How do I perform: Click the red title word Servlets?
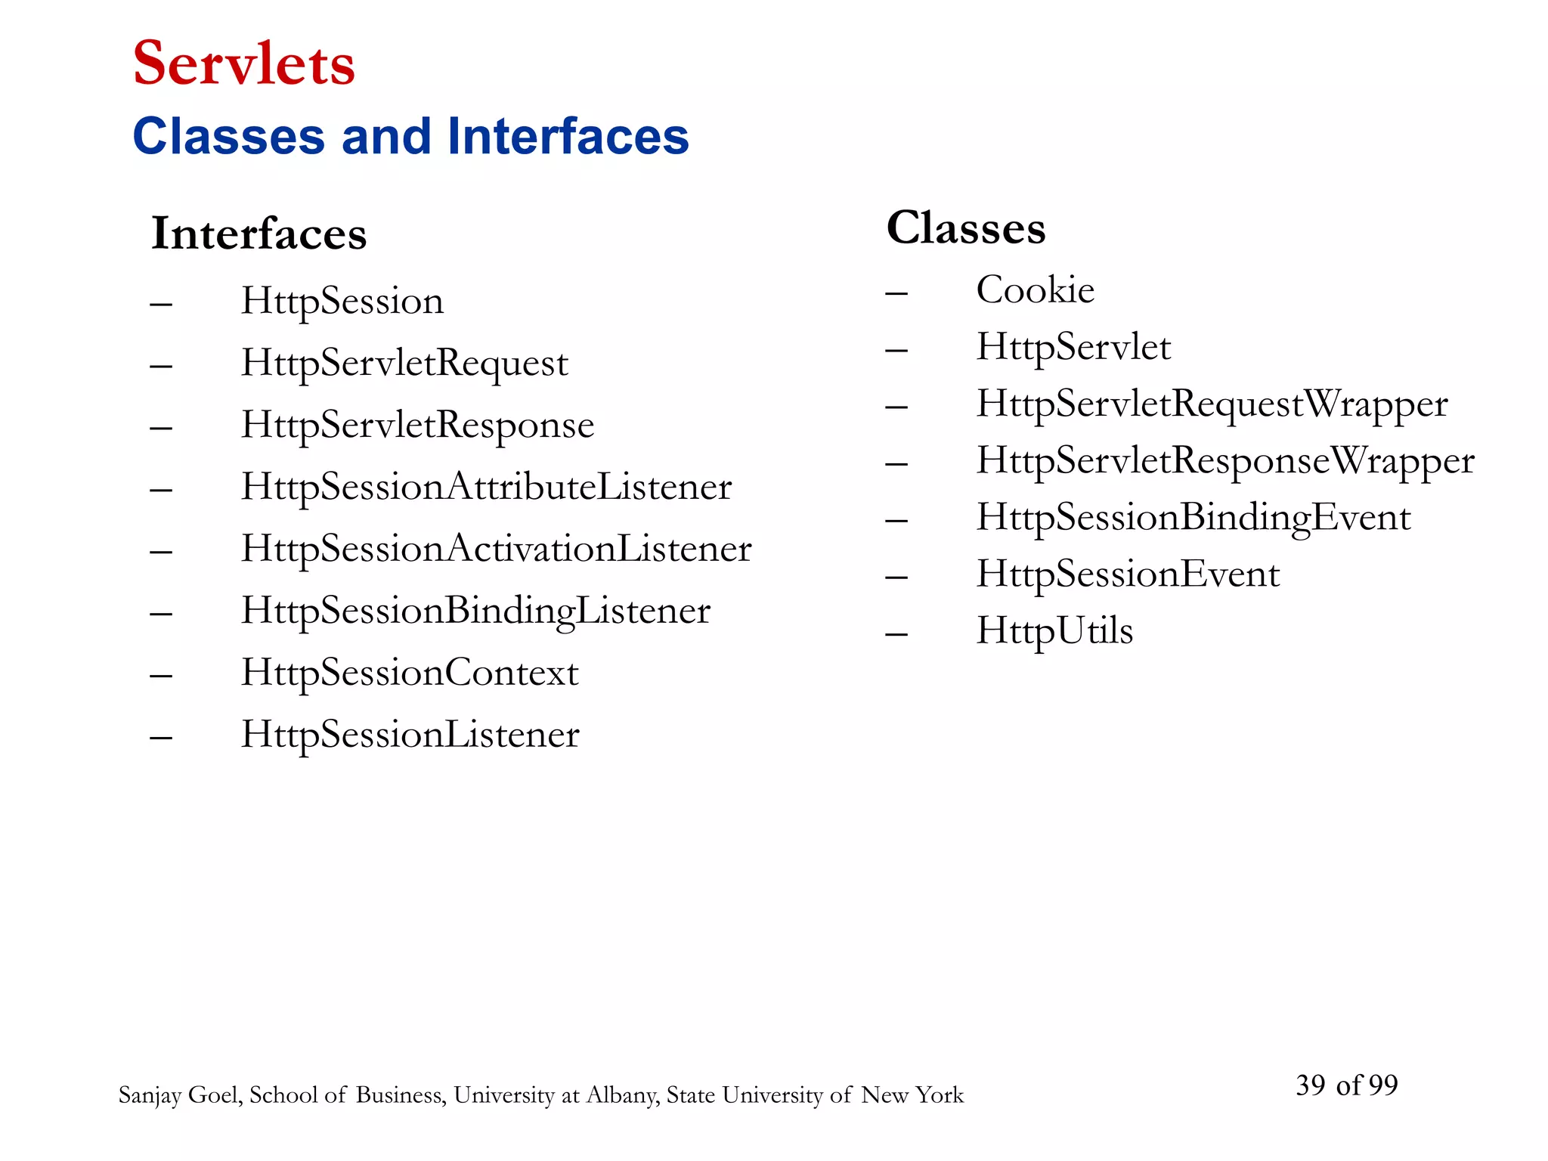(243, 63)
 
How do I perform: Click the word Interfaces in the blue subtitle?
(568, 137)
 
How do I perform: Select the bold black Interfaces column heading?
(259, 234)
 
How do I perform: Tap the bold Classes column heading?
(966, 228)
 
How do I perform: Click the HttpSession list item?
(342, 302)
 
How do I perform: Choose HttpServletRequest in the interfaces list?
(404, 364)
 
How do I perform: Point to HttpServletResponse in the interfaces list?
(417, 426)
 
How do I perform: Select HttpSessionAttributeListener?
(486, 487)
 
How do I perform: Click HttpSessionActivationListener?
(496, 549)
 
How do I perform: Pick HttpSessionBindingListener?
(475, 611)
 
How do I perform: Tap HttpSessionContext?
(410, 673)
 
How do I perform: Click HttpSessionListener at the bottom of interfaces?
(410, 735)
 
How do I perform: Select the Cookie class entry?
(1035, 290)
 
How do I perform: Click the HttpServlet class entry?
(1073, 347)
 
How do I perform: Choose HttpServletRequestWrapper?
(1212, 404)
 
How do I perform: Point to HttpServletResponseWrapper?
(1225, 461)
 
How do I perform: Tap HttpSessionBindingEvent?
(1194, 518)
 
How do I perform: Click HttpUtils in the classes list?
(1054, 631)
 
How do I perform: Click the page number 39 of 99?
(1346, 1085)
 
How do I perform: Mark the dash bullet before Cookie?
(896, 293)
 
